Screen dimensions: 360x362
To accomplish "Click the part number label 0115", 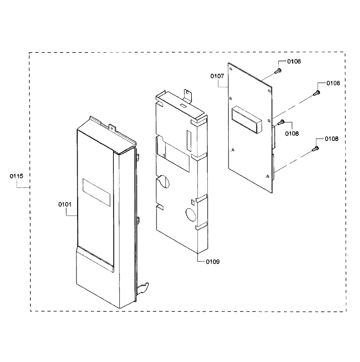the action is click(x=16, y=176).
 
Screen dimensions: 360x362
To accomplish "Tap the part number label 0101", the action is click(x=65, y=205).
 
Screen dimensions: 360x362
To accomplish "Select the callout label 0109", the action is click(x=213, y=262).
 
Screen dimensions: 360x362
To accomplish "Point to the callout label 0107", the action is click(x=217, y=76).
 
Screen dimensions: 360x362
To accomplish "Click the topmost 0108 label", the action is click(x=294, y=62).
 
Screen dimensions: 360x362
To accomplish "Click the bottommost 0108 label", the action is click(x=332, y=139).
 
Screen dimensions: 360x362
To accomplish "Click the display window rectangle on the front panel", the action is click(x=96, y=192).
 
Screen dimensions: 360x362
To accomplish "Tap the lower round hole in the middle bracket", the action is click(x=191, y=214).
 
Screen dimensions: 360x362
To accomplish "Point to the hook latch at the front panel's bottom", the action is click(x=143, y=287).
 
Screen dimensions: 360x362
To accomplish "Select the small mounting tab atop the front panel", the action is click(x=113, y=128).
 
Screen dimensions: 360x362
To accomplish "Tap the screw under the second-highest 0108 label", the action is click(x=316, y=93).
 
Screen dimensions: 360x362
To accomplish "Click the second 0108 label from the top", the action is click(x=333, y=83).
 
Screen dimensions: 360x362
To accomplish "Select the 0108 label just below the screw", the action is click(x=292, y=133).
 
